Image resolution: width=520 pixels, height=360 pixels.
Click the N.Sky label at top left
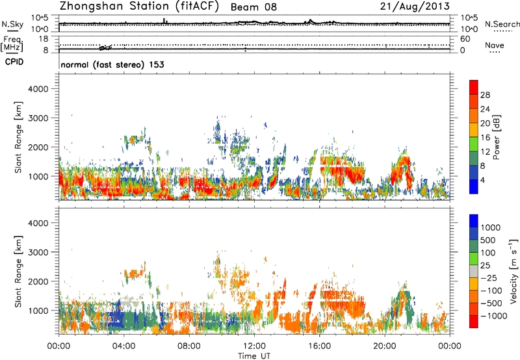tap(10, 24)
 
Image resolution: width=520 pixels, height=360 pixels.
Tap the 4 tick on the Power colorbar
tap(485, 179)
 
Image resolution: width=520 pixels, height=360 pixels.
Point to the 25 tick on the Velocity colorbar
tap(487, 268)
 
